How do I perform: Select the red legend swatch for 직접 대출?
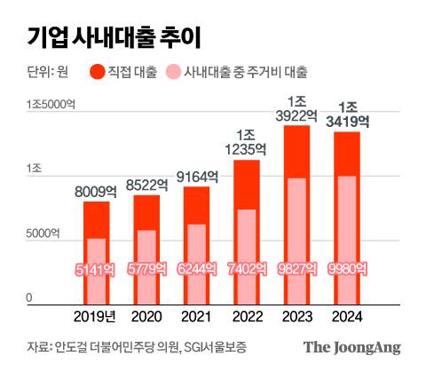point(98,71)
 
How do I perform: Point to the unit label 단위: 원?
point(49,71)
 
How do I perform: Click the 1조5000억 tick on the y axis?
point(51,105)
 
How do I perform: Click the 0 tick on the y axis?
point(29,297)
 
